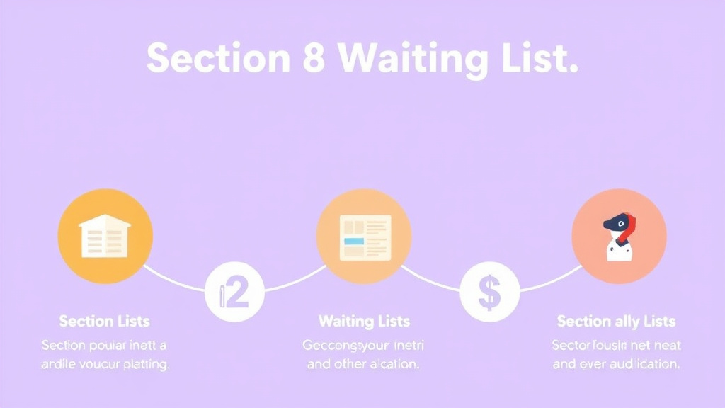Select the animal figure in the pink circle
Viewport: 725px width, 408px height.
coord(618,237)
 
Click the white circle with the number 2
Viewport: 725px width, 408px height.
coord(234,292)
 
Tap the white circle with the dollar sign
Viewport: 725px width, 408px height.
coord(489,292)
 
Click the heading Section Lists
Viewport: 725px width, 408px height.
coord(105,322)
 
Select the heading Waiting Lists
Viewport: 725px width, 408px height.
coord(364,322)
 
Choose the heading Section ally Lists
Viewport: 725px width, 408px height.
coord(616,322)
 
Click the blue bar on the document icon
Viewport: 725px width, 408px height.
coord(353,242)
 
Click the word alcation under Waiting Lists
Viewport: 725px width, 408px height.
coord(391,365)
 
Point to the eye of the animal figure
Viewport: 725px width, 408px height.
coord(620,224)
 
